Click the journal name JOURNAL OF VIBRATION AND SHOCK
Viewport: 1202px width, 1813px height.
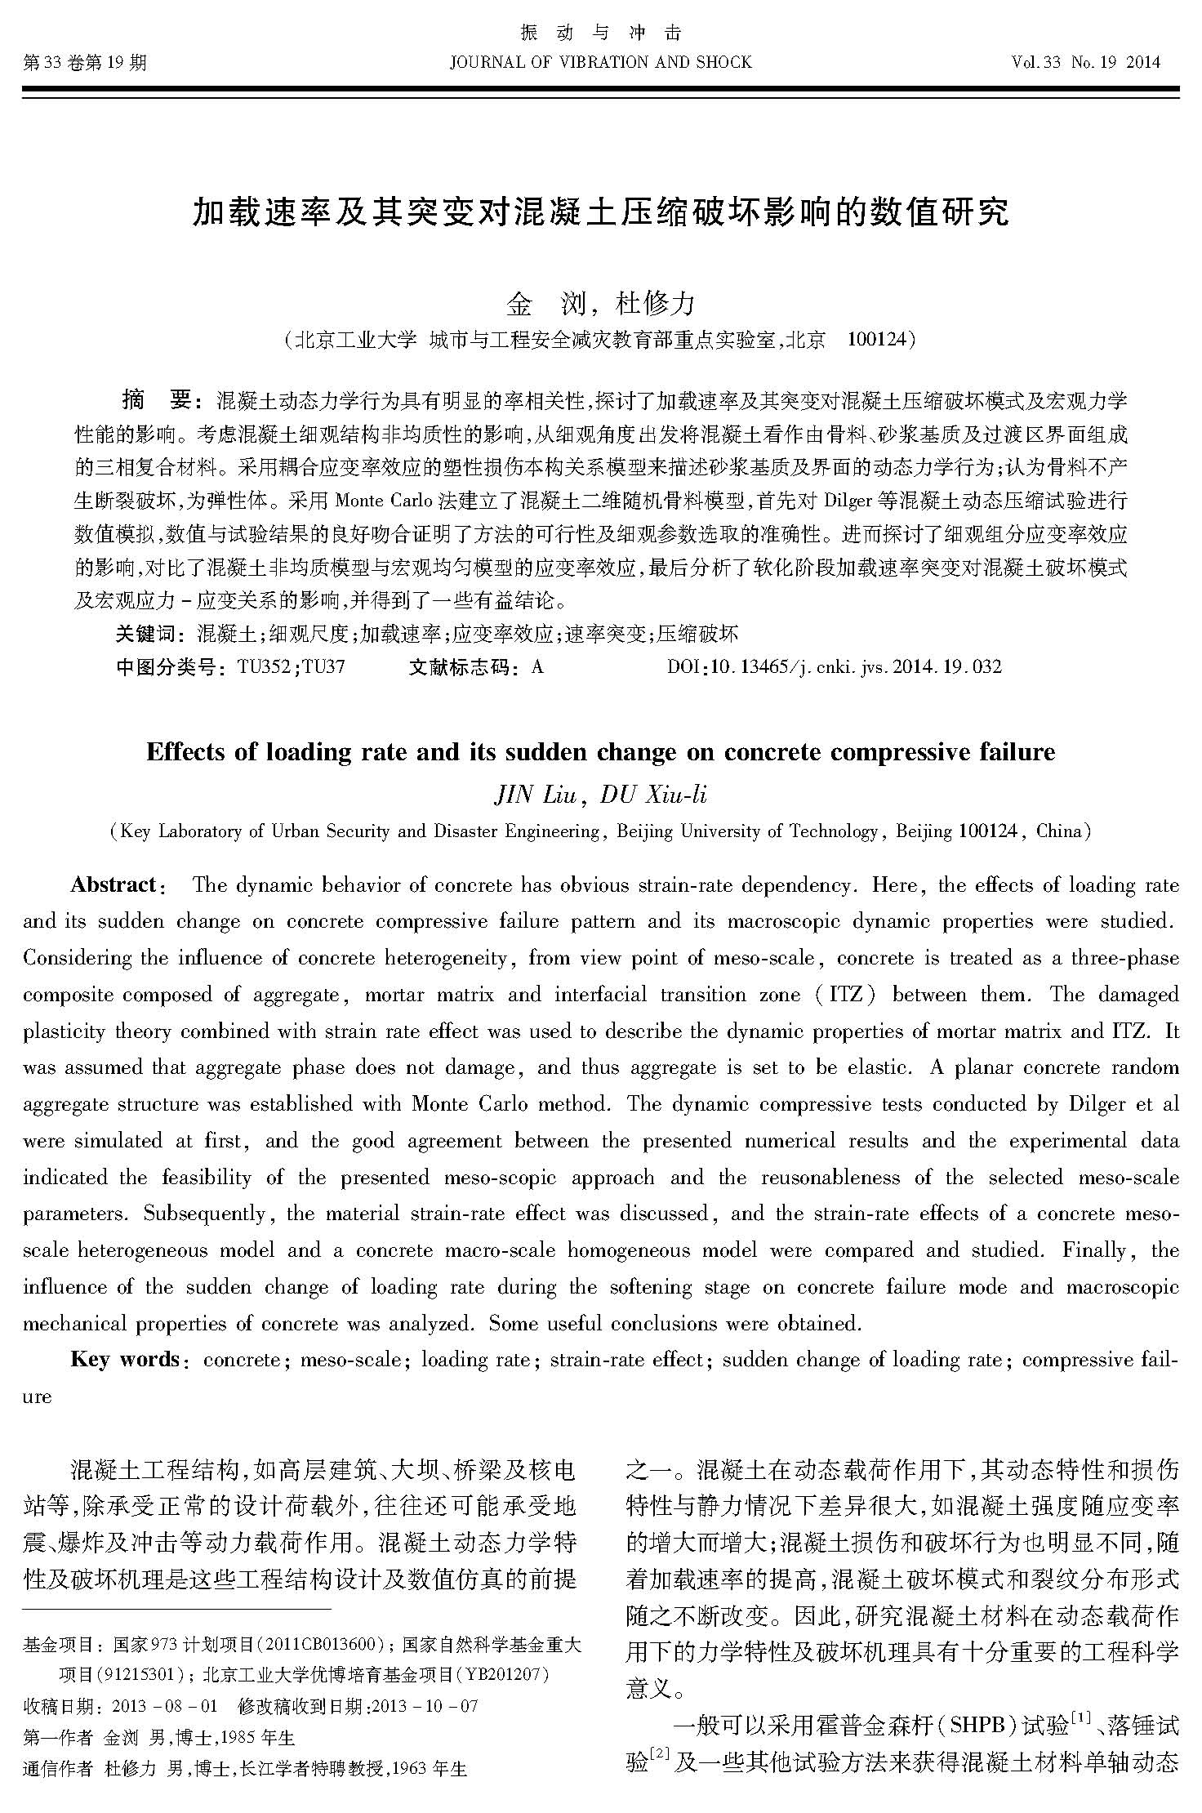[x=600, y=63]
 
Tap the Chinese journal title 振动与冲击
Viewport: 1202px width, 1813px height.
[x=600, y=33]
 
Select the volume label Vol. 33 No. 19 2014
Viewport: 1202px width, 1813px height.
[x=1085, y=63]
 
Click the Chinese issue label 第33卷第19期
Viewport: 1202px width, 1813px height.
[x=85, y=63]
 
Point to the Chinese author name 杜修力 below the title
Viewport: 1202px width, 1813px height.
[x=655, y=304]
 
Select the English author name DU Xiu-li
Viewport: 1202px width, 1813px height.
[x=653, y=795]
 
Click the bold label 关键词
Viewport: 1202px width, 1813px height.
[x=145, y=634]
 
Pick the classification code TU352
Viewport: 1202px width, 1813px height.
[x=264, y=666]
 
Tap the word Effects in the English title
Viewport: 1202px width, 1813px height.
[x=186, y=751]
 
